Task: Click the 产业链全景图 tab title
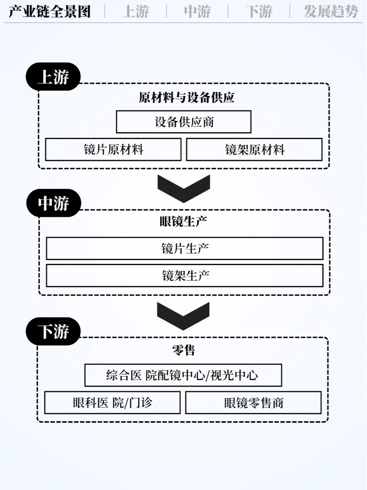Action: (50, 12)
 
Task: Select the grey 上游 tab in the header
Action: (136, 12)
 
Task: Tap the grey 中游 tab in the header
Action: (197, 12)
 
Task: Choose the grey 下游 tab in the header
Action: (259, 12)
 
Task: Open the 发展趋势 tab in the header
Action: (331, 12)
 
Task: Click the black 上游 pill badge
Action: (53, 77)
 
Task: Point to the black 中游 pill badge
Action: (54, 203)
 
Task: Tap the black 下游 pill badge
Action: (53, 331)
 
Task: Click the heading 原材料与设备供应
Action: (187, 98)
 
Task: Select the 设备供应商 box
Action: (183, 122)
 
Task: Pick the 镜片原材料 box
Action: (113, 149)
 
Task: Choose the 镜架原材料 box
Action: (254, 149)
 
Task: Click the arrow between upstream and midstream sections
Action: (184, 187)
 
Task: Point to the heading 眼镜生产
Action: (183, 222)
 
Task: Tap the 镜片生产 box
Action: (185, 248)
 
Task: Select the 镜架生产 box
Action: (185, 276)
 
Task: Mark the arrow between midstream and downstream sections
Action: (183, 315)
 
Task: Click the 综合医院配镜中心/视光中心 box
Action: (183, 375)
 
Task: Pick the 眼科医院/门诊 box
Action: (112, 403)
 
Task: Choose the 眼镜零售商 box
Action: (254, 403)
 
